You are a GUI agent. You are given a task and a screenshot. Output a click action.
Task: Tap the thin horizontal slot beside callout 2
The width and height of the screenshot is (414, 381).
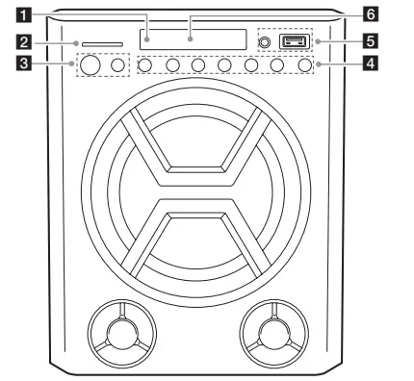point(101,43)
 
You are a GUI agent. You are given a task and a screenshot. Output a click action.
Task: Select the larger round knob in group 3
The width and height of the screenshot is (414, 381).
point(91,64)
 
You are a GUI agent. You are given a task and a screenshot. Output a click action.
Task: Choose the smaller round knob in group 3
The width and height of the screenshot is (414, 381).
point(119,64)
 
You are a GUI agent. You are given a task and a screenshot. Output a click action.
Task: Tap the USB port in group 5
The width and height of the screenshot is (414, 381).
point(293,42)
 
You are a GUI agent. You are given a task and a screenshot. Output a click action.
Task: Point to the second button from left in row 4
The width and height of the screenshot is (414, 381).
point(172,65)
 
